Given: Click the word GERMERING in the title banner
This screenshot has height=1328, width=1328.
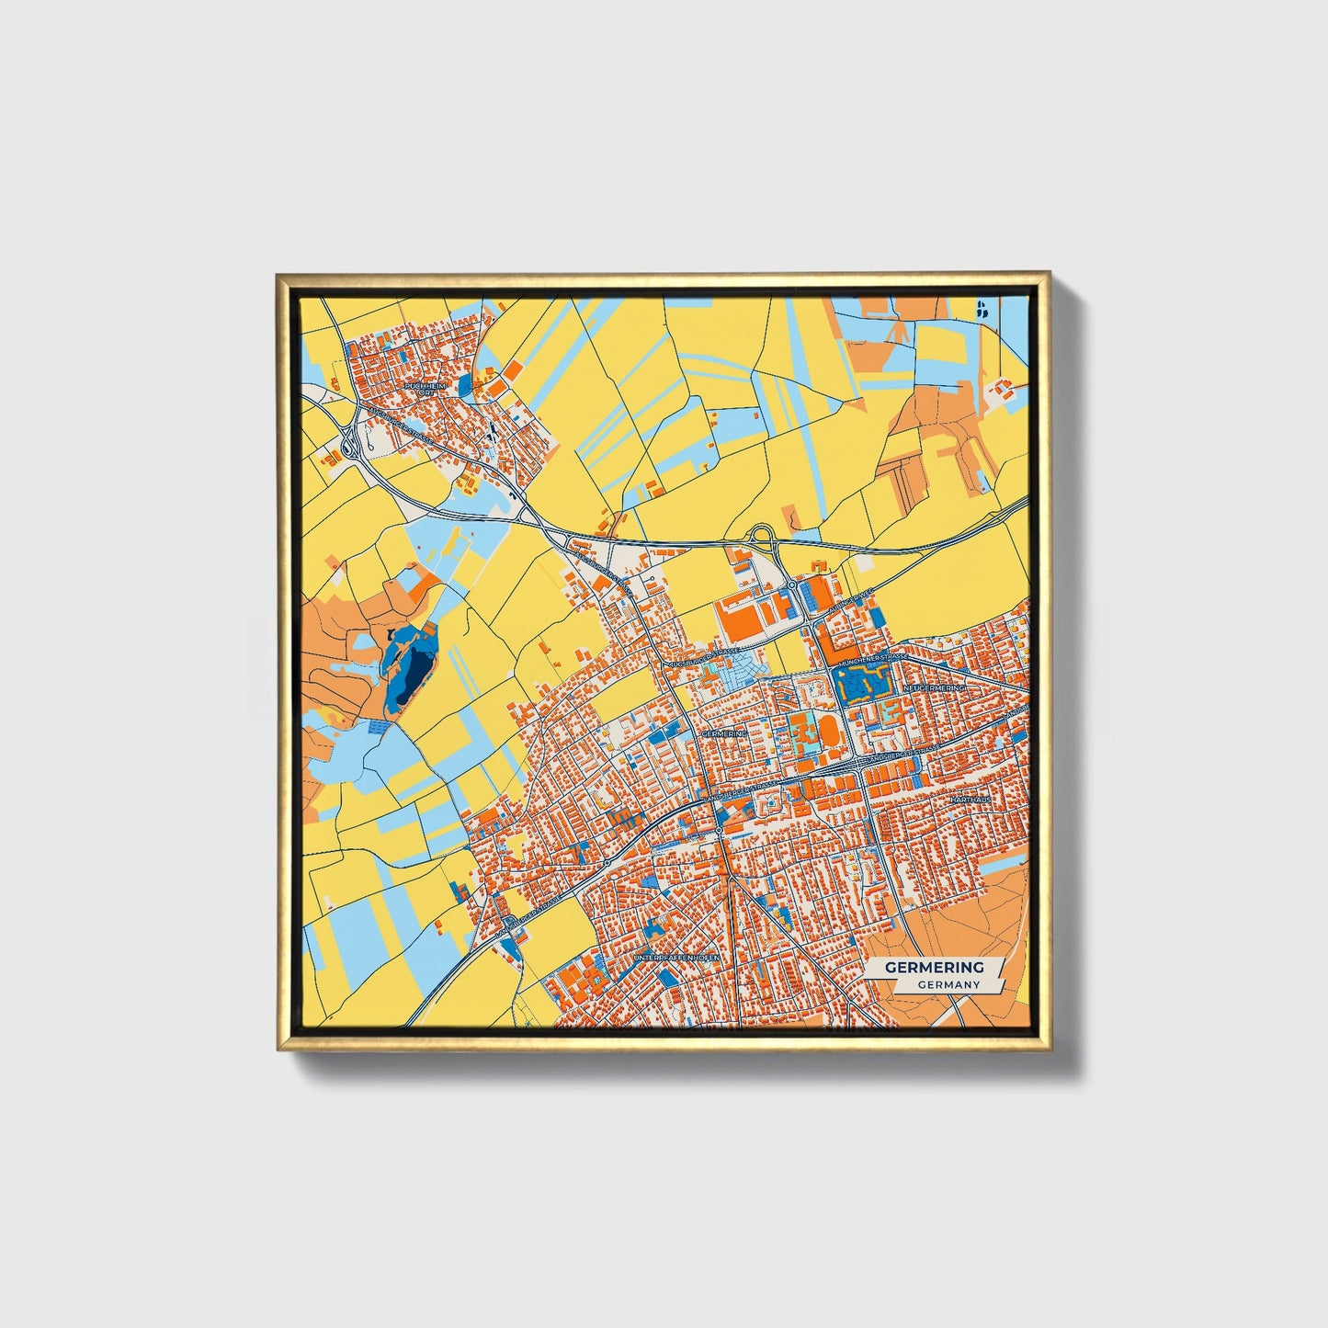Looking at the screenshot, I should (934, 967).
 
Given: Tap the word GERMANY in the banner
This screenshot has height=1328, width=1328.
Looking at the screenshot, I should (948, 984).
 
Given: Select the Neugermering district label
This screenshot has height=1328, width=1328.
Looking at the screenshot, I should (935, 687).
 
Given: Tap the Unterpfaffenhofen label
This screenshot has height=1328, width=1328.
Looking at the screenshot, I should (674, 959).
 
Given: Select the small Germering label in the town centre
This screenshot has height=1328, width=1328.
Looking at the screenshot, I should (724, 735).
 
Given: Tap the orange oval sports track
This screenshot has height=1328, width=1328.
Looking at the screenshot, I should (828, 732).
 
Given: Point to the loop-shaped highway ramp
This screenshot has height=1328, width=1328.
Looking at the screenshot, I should (763, 535).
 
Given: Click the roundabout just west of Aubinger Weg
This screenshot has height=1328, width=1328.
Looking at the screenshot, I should (791, 585).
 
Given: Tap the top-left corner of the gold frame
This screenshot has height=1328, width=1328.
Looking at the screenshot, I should (278, 275).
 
